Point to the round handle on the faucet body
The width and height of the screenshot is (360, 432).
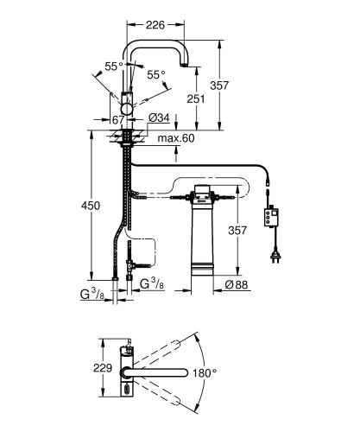[129, 106]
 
